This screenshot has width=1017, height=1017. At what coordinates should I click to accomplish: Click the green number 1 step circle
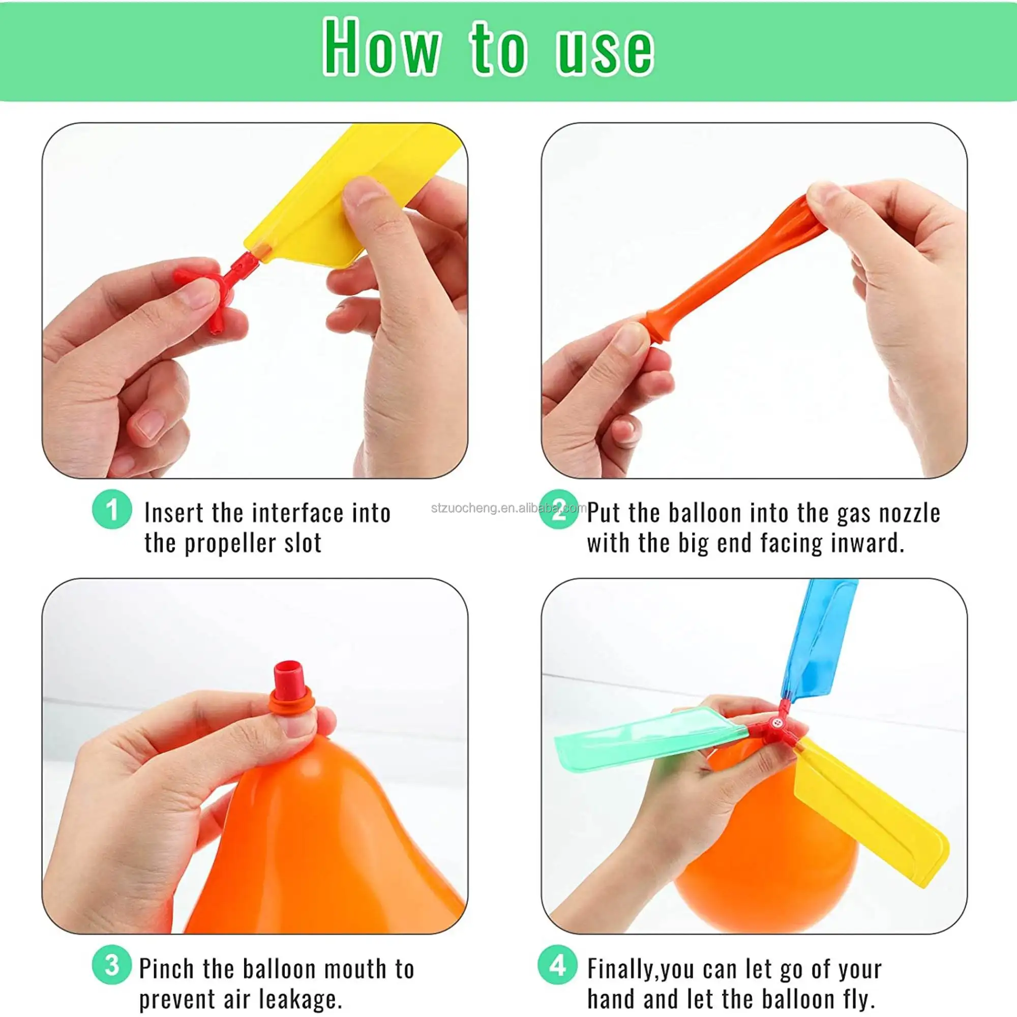coord(111,509)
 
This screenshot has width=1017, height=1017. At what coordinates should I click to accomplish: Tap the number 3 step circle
coord(111,965)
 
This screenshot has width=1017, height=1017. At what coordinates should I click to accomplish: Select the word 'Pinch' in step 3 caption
coord(166,969)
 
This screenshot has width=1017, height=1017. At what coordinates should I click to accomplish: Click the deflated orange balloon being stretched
coord(732,268)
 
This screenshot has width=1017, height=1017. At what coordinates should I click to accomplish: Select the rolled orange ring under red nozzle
coord(292,703)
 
